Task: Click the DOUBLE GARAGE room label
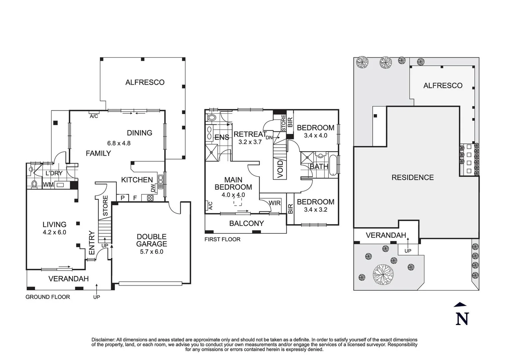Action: click(x=152, y=240)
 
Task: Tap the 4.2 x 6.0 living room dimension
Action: click(x=55, y=232)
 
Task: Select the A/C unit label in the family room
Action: click(x=94, y=116)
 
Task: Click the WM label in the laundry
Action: click(x=48, y=185)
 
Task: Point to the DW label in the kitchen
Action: click(x=153, y=188)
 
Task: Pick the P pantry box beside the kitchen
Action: click(x=123, y=198)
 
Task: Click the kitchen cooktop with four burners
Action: click(x=150, y=198)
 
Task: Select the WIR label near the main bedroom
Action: click(x=275, y=203)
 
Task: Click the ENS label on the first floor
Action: click(x=222, y=137)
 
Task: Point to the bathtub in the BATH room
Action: click(x=333, y=165)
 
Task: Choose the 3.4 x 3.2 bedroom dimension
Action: click(x=315, y=210)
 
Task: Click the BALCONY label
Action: click(x=247, y=223)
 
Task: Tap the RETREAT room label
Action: click(x=250, y=134)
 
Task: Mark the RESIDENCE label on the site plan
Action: click(x=413, y=177)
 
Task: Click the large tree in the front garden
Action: click(x=383, y=274)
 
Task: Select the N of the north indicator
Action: click(x=462, y=319)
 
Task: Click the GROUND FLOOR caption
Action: click(x=48, y=297)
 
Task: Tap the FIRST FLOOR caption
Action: click(x=223, y=239)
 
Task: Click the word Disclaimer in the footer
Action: click(x=103, y=340)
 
